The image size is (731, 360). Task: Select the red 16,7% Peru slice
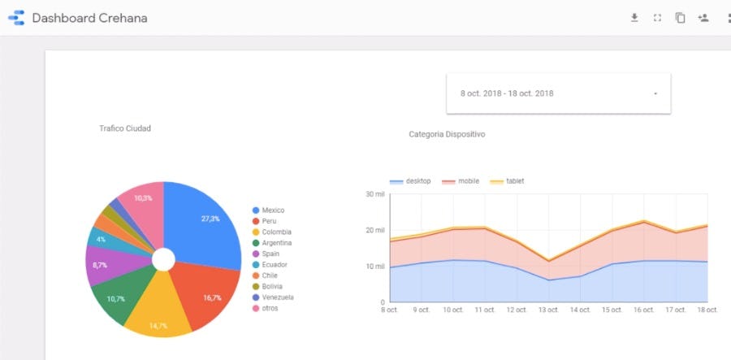pyautogui.click(x=210, y=294)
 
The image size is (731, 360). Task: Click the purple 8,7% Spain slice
pyautogui.click(x=104, y=265)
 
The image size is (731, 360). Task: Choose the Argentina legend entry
pyautogui.click(x=276, y=243)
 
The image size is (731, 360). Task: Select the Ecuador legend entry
pyautogui.click(x=274, y=265)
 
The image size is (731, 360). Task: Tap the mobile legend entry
pyautogui.click(x=468, y=181)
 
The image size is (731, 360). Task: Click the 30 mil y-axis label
pyautogui.click(x=374, y=194)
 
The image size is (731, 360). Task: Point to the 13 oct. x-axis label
pyautogui.click(x=548, y=310)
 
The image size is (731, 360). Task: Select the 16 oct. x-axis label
pyautogui.click(x=643, y=310)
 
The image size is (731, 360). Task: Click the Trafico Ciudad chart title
pyautogui.click(x=125, y=128)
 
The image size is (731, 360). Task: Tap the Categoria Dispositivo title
pyautogui.click(x=447, y=134)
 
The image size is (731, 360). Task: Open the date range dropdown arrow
pyautogui.click(x=655, y=94)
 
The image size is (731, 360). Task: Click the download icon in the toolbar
pyautogui.click(x=634, y=18)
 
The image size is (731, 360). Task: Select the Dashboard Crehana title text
pyautogui.click(x=89, y=18)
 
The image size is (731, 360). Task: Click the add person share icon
pyautogui.click(x=703, y=18)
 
